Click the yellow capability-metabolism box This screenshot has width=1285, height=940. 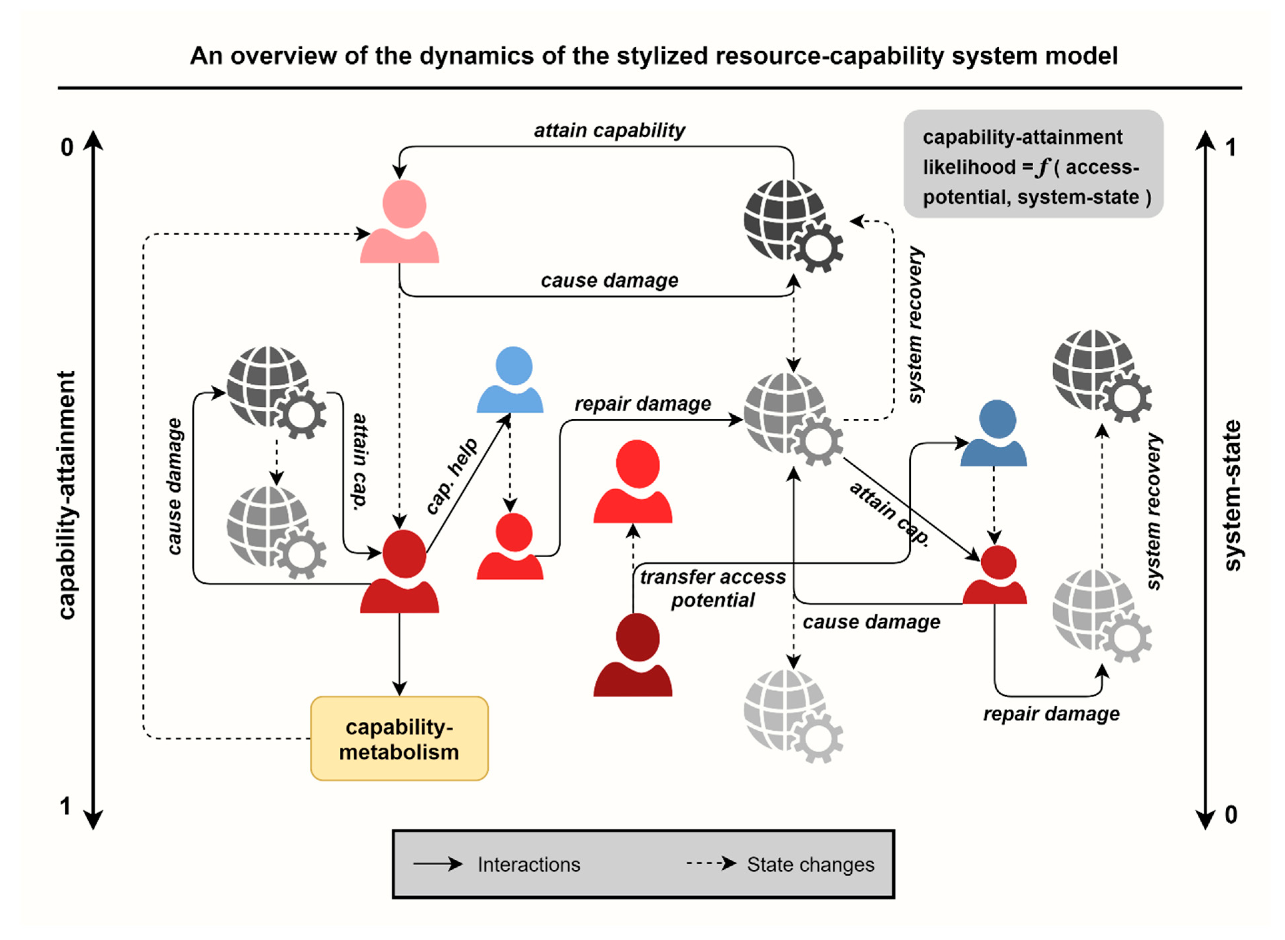click(399, 738)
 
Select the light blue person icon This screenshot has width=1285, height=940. click(510, 380)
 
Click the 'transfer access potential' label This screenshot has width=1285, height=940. click(712, 588)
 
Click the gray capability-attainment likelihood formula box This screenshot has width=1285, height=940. click(1033, 165)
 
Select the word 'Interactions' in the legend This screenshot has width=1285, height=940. click(528, 864)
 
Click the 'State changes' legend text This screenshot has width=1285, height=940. click(810, 864)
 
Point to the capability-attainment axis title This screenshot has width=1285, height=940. click(67, 495)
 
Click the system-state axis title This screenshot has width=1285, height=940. click(1232, 495)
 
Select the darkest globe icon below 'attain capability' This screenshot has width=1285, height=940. click(792, 225)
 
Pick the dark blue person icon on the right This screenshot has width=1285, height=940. click(993, 434)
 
